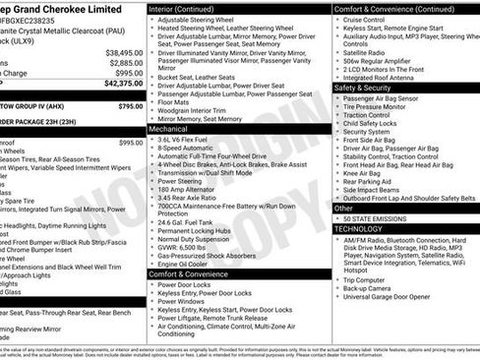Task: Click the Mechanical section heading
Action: coord(169,128)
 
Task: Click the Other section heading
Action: coord(343,208)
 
